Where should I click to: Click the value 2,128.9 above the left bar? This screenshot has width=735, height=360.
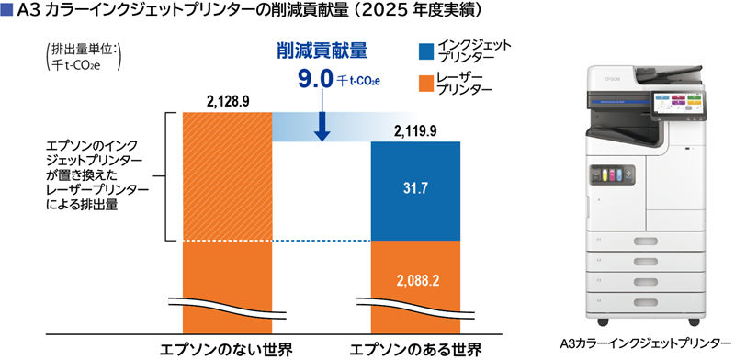(x=227, y=103)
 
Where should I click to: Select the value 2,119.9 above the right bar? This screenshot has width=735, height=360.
(x=415, y=131)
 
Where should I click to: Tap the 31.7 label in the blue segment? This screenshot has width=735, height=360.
(x=415, y=189)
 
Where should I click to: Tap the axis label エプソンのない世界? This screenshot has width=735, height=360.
(x=226, y=350)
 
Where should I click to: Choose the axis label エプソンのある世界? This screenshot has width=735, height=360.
(x=416, y=350)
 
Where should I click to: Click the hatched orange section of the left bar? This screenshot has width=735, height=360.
(x=227, y=176)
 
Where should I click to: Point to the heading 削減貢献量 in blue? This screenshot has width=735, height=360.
(x=322, y=51)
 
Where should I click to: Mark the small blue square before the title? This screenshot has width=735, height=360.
(x=6, y=11)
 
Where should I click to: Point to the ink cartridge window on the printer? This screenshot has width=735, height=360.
(x=610, y=174)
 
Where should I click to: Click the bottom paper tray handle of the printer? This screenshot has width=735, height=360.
(x=646, y=301)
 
